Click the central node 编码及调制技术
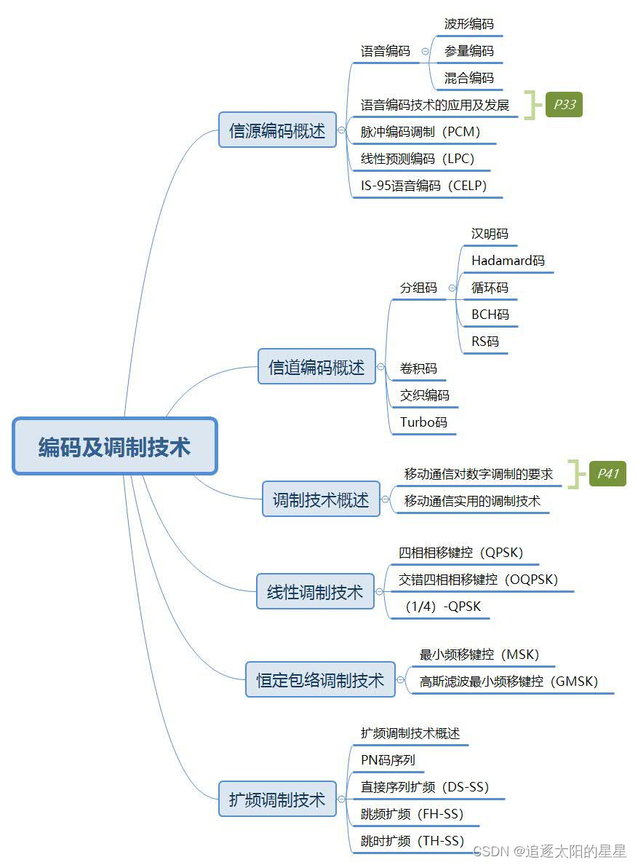[x=115, y=446]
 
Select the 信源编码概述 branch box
[x=277, y=130]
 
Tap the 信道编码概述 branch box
[x=316, y=367]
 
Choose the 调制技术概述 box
[x=321, y=499]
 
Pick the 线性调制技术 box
[x=314, y=592]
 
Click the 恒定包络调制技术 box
[x=320, y=680]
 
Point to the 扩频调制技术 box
[x=277, y=799]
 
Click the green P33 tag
[x=565, y=105]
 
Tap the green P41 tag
[x=607, y=474]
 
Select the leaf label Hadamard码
[x=508, y=260]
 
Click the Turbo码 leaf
[x=423, y=422]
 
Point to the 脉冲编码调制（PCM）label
[x=420, y=132]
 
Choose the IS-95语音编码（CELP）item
[x=423, y=185]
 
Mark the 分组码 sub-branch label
[x=418, y=288]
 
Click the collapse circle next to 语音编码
[x=425, y=52]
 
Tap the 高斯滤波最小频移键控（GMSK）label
[x=509, y=682]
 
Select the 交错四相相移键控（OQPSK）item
[x=478, y=580]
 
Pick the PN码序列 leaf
[x=388, y=760]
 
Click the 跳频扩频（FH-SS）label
[x=412, y=813]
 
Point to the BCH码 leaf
[x=490, y=315]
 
